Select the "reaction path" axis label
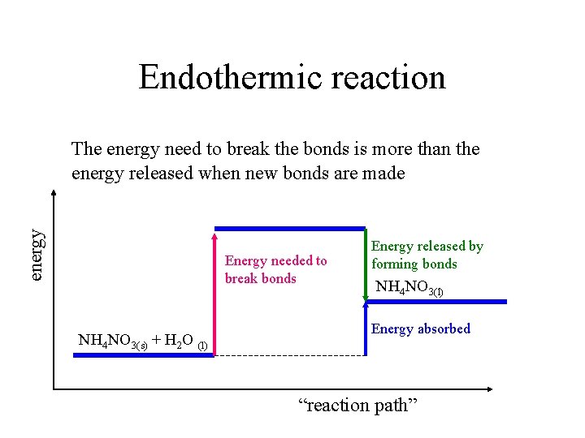358,405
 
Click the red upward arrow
214,292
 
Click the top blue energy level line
289,229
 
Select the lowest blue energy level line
143,355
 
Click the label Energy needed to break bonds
275,269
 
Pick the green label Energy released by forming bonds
427,255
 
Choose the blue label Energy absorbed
420,328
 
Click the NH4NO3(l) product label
409,288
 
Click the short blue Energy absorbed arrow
366,328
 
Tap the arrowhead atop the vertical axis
54,194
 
